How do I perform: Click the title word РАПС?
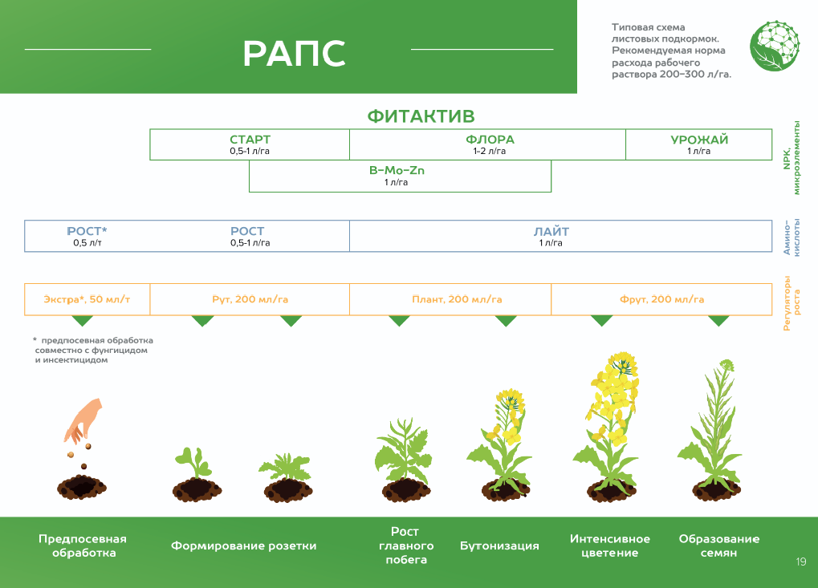tap(294, 53)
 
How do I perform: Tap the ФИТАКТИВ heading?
tap(421, 116)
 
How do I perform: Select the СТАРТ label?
tap(250, 140)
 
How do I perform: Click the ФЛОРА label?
tap(490, 140)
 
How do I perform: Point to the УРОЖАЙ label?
tap(699, 140)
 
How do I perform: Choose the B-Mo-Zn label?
tap(397, 171)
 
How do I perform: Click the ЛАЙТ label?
tap(551, 232)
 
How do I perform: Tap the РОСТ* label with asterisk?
tap(87, 232)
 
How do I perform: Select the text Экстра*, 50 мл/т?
tap(87, 299)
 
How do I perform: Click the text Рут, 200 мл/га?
tap(250, 299)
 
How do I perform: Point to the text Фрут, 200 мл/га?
tap(662, 299)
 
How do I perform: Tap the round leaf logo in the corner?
tap(775, 46)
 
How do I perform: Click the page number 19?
tap(800, 562)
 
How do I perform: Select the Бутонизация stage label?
tap(499, 545)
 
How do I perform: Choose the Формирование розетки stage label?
tap(243, 545)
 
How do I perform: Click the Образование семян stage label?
tap(718, 545)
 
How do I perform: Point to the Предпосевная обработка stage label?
tap(83, 545)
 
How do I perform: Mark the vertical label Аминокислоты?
tap(792, 237)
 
